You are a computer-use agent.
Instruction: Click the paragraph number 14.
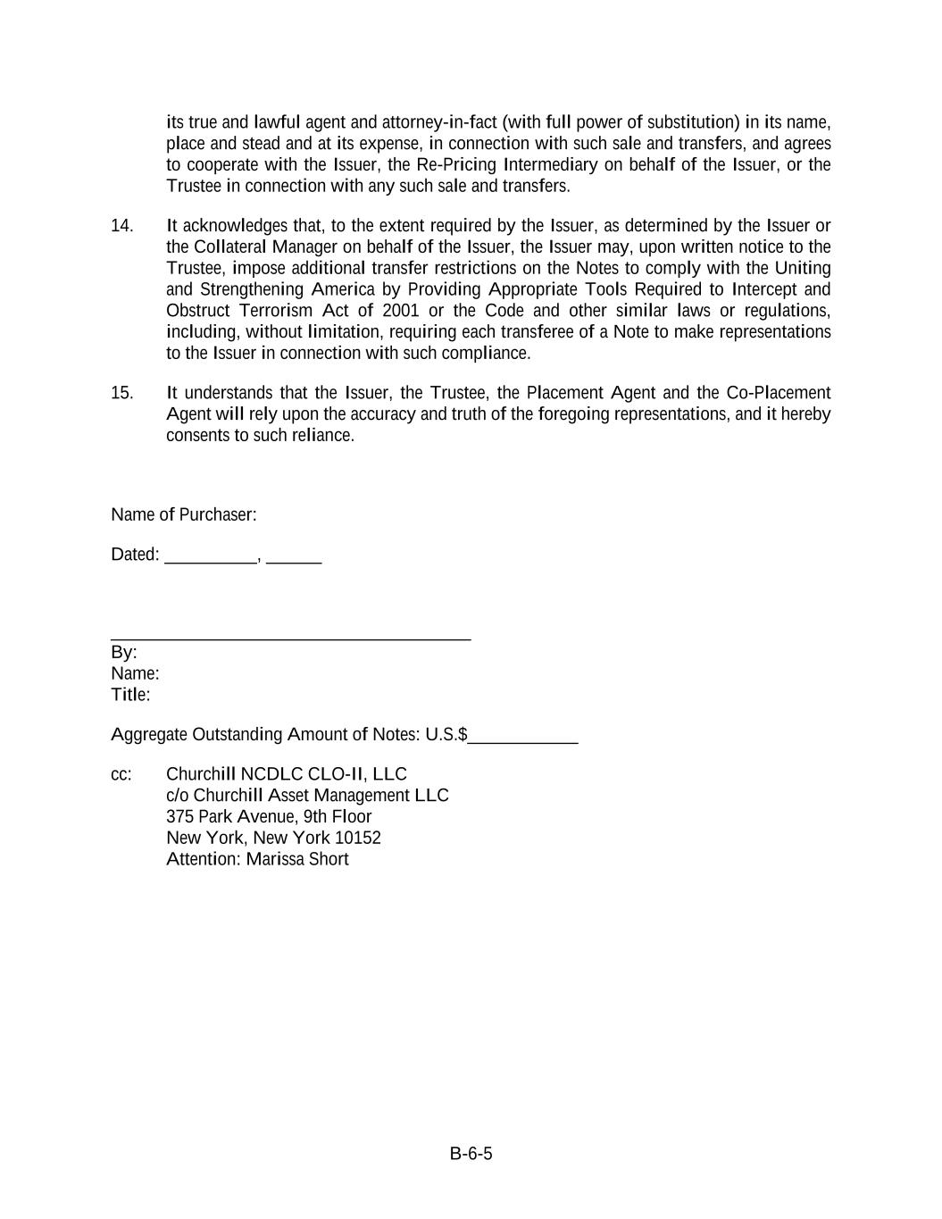pyautogui.click(x=121, y=226)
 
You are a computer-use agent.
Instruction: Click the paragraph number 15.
pyautogui.click(x=121, y=393)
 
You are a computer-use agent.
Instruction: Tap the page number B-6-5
pyautogui.click(x=471, y=1154)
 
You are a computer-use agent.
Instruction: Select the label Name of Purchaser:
pyautogui.click(x=183, y=514)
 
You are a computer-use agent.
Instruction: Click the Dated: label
pyautogui.click(x=134, y=555)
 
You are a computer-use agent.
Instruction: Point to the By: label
pyautogui.click(x=123, y=652)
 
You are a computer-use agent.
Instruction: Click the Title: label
pyautogui.click(x=130, y=695)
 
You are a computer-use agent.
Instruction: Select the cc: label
pyautogui.click(x=121, y=774)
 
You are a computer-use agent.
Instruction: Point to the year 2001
pyautogui.click(x=400, y=311)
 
